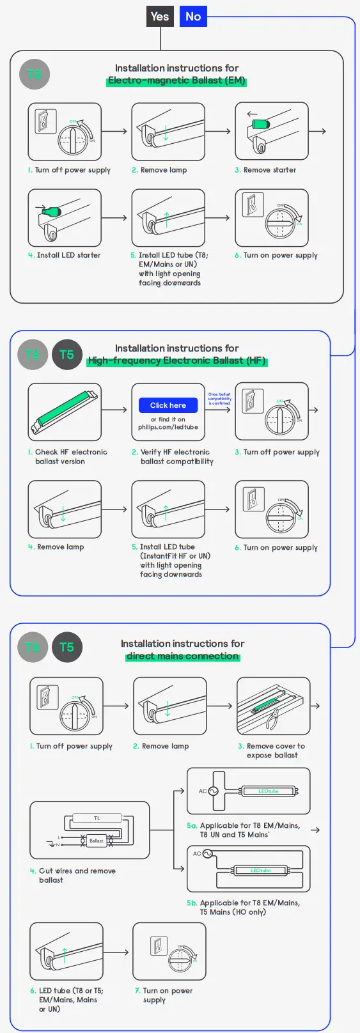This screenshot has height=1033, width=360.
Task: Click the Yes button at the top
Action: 160,17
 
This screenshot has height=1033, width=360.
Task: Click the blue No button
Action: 193,17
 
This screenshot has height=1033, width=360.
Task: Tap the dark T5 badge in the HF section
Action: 67,355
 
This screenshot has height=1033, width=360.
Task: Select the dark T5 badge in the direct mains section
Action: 67,647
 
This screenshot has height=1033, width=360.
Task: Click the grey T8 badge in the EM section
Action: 35,74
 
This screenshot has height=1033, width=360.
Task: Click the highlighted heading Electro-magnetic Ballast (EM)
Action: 176,81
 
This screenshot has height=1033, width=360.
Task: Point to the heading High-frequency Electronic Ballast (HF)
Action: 176,361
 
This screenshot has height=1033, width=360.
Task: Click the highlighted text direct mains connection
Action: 182,656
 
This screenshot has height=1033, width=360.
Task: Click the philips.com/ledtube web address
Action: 168,427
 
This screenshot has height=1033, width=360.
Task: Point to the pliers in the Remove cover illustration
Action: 274,719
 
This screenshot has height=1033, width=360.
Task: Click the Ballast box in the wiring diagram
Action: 96,841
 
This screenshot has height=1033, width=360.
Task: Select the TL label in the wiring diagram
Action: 97,818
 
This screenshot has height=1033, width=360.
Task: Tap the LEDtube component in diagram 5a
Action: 269,791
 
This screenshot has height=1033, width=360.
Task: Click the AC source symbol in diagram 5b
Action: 207,854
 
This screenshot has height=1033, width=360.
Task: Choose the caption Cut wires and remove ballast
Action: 73,875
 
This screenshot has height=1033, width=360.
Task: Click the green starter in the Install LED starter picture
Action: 51,210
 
